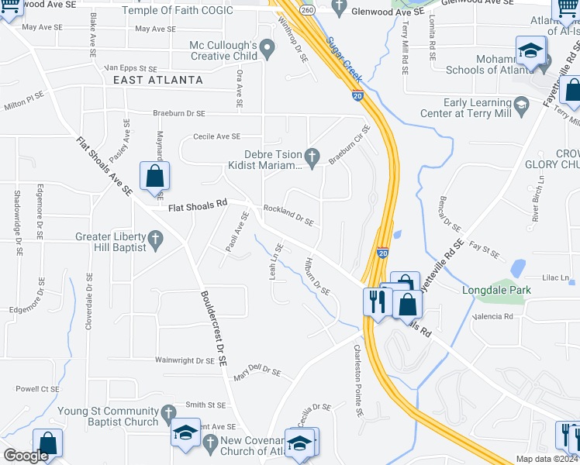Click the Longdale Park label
(497, 291)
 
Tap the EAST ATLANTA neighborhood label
(158, 80)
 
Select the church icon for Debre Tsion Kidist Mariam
(312, 157)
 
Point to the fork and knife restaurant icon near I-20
(375, 300)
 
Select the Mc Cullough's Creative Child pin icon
(268, 50)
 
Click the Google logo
(26, 456)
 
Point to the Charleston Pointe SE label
(359, 381)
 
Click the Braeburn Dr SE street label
(178, 113)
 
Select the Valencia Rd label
(498, 316)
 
